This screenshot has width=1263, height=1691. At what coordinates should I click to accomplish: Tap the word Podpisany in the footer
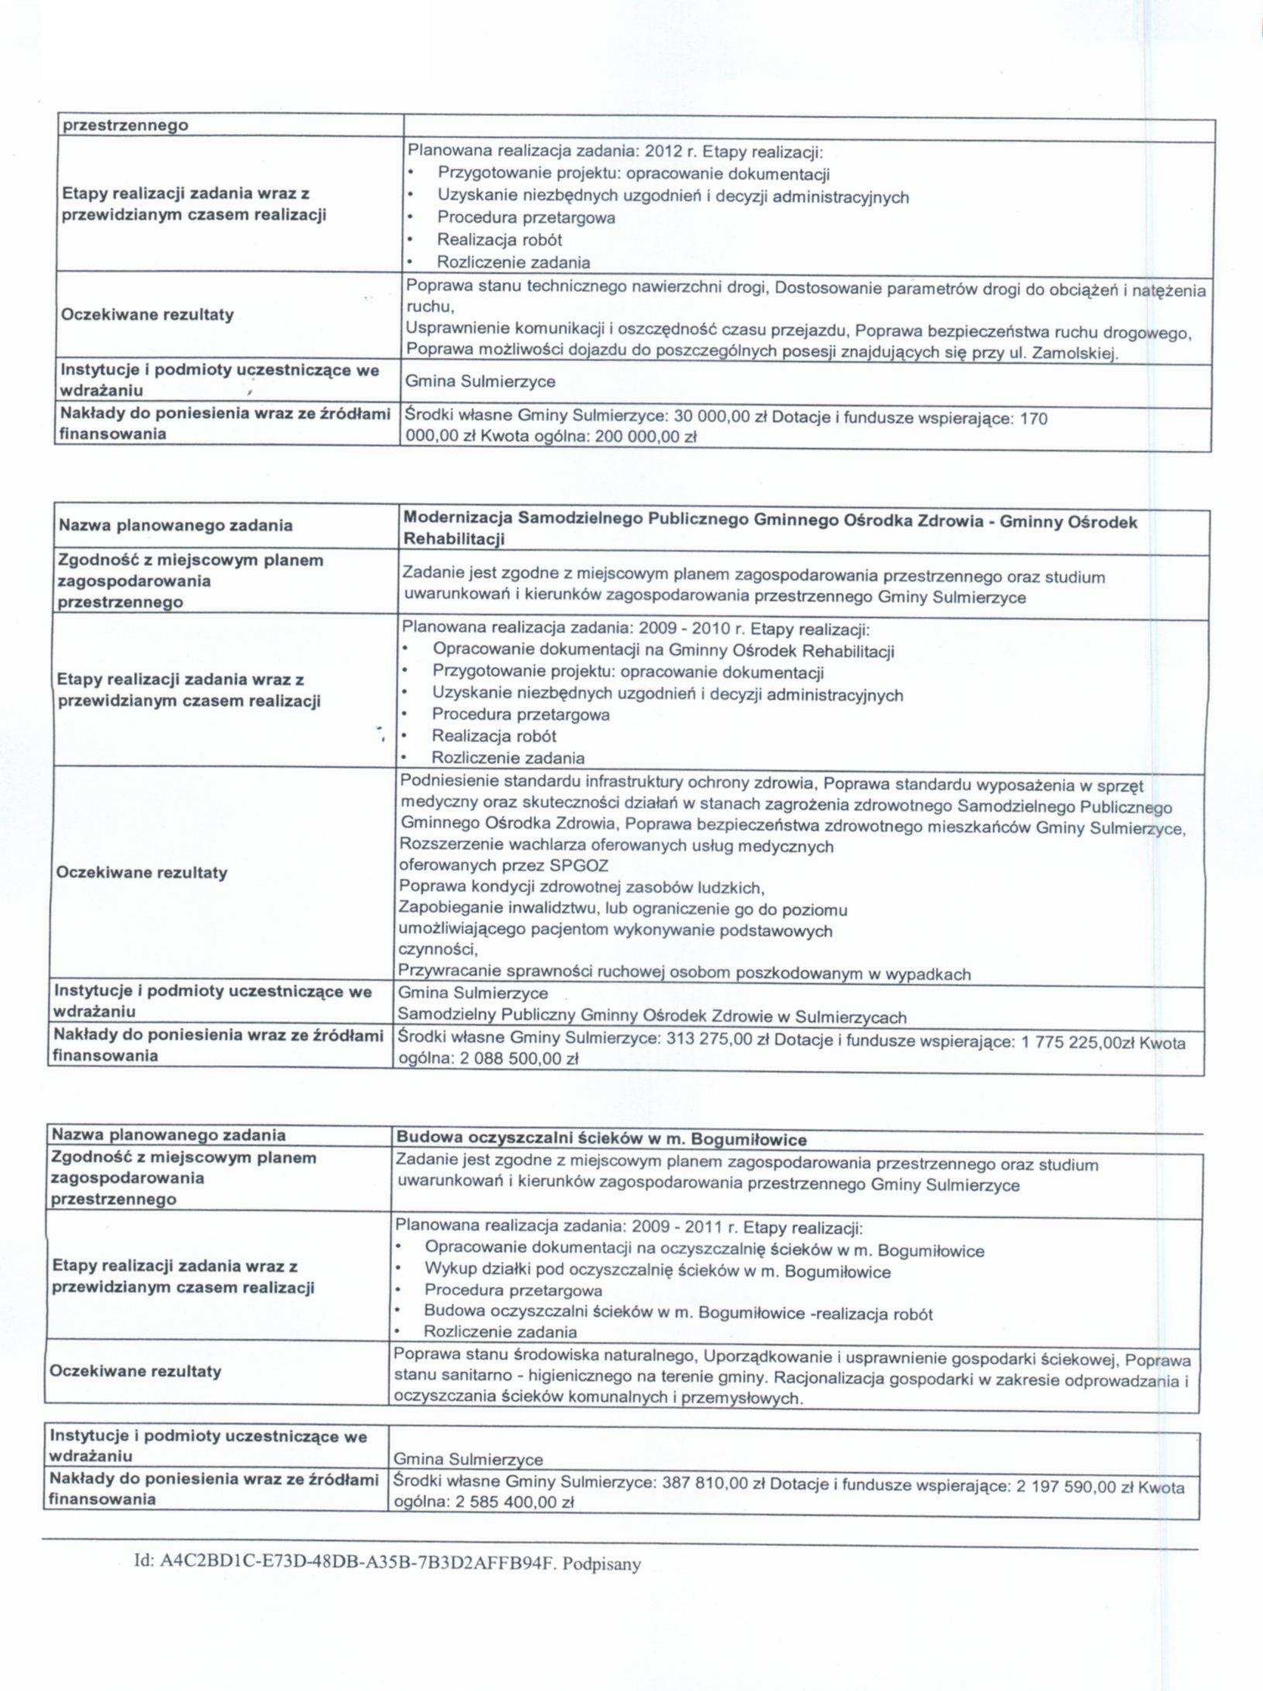pyautogui.click(x=602, y=1564)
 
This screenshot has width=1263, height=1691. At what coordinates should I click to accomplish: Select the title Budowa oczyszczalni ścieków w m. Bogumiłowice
pyautogui.click(x=601, y=1139)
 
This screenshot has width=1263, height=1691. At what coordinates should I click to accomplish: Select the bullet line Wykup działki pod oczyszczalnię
pyautogui.click(x=657, y=1271)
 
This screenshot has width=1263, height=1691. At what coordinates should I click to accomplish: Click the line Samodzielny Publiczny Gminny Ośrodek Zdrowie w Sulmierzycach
pyautogui.click(x=651, y=1016)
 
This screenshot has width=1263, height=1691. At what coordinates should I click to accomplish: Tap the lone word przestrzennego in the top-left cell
pyautogui.click(x=125, y=125)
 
